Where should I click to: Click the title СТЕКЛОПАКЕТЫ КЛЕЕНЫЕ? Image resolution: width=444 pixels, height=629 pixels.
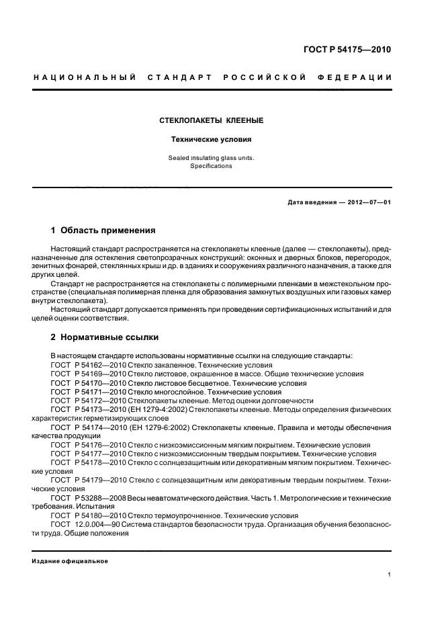pos(210,121)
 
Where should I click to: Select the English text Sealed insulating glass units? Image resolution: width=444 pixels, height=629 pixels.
pos(210,158)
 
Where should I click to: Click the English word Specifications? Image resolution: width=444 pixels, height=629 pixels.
pos(210,166)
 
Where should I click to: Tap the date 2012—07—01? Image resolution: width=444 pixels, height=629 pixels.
pos(366,202)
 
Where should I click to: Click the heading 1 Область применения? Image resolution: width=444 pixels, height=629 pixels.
pos(103,230)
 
